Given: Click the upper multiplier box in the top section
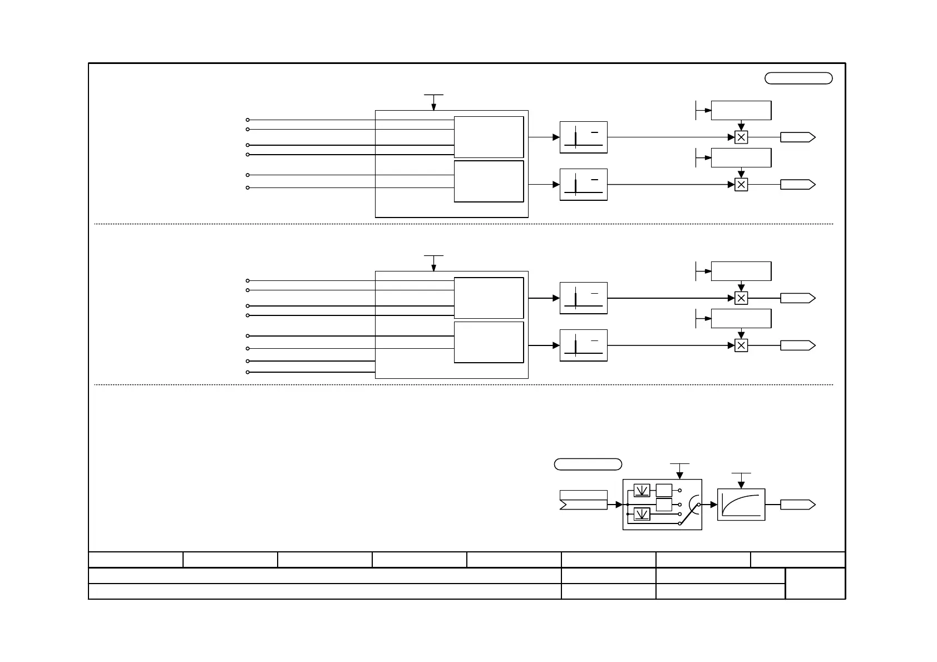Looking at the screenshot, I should point(741,137).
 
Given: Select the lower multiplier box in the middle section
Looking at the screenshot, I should point(741,345).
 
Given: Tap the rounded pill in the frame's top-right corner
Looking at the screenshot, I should point(798,78).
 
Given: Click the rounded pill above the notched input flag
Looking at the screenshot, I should point(588,465).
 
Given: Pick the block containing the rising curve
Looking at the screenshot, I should point(741,505).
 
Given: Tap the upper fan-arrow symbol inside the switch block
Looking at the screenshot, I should point(642,491).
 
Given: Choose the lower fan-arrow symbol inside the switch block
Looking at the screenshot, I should point(642,514).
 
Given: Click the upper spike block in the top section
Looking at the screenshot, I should point(583,137).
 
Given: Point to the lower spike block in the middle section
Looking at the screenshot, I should point(583,345).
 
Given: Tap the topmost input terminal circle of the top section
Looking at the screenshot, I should point(248,120).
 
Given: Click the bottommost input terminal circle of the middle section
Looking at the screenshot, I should point(248,372).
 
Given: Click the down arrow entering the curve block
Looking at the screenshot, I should point(741,483).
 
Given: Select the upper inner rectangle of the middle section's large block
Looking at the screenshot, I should point(489,298).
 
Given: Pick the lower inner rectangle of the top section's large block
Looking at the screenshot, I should point(489,181).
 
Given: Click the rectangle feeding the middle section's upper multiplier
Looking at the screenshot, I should point(741,271).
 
